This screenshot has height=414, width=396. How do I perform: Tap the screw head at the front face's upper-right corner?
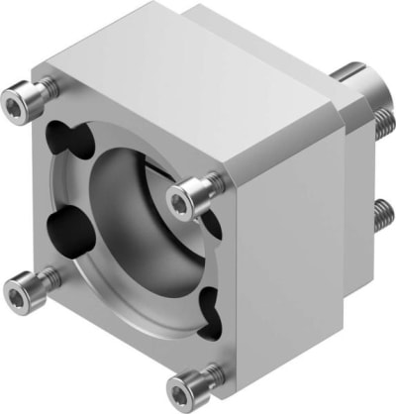point(181,202)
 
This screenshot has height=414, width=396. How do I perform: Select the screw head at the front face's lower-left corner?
point(23,290)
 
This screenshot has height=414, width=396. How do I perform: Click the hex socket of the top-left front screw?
point(17,101)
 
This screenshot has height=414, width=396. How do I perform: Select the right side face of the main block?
point(287,248)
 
